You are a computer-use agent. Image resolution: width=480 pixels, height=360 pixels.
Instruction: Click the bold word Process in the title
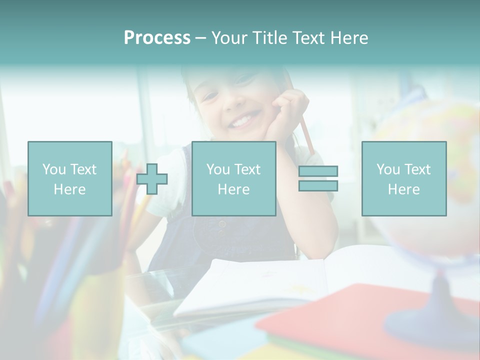pos(157,38)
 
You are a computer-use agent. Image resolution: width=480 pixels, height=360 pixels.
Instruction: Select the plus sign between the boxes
pos(152,178)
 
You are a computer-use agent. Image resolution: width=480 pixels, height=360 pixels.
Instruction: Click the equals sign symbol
pos(318,178)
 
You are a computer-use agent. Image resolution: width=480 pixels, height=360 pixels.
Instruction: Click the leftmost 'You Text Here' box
pos(69,178)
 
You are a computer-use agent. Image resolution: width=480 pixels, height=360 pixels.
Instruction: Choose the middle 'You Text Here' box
pos(233,178)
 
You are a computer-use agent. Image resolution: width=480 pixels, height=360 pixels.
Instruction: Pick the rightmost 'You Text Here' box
pos(403,178)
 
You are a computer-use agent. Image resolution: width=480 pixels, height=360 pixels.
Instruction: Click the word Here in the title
pos(348,38)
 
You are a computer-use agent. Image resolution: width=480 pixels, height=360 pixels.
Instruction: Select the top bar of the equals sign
pos(318,171)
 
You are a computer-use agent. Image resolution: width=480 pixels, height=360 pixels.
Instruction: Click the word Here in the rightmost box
pos(403,189)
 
